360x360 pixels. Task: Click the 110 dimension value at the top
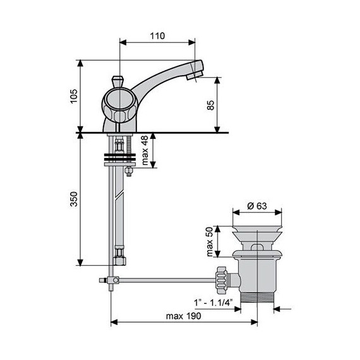point(158,36)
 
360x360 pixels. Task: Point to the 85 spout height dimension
point(210,105)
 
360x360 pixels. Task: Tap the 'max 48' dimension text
point(145,151)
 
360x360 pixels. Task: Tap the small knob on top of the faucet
point(116,82)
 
